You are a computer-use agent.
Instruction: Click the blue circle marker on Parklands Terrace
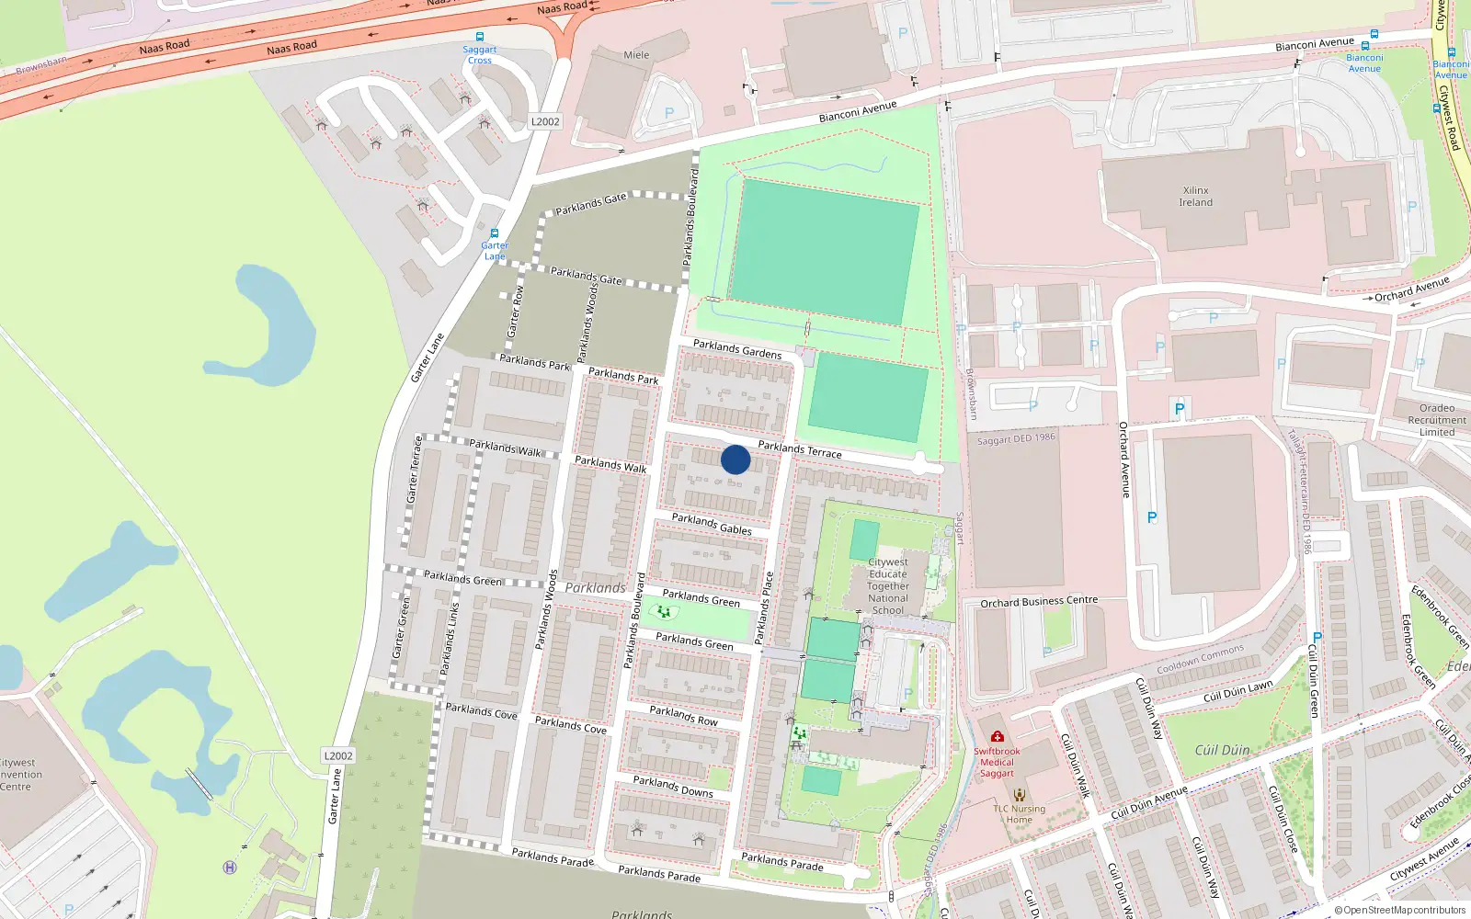735,459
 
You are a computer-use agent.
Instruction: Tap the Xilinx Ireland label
1196,197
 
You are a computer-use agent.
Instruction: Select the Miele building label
636,55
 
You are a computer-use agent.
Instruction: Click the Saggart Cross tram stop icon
479,38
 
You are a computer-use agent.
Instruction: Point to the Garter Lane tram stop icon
495,233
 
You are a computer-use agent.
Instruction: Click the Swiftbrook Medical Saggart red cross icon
997,736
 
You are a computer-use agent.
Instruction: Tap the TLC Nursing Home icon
1019,795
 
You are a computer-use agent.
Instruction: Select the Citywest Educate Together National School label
888,585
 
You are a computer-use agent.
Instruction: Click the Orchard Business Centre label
1039,602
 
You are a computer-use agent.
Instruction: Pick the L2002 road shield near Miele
545,121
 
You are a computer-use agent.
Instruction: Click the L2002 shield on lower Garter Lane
338,755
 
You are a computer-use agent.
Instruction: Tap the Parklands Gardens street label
737,348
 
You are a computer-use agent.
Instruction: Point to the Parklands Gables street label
712,524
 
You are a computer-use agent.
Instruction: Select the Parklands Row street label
683,715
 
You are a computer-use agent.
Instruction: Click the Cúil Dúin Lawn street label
1238,691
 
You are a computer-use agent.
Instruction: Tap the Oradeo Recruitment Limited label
1437,420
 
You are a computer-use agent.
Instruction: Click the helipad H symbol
230,867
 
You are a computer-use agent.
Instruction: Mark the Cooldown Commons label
1200,659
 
